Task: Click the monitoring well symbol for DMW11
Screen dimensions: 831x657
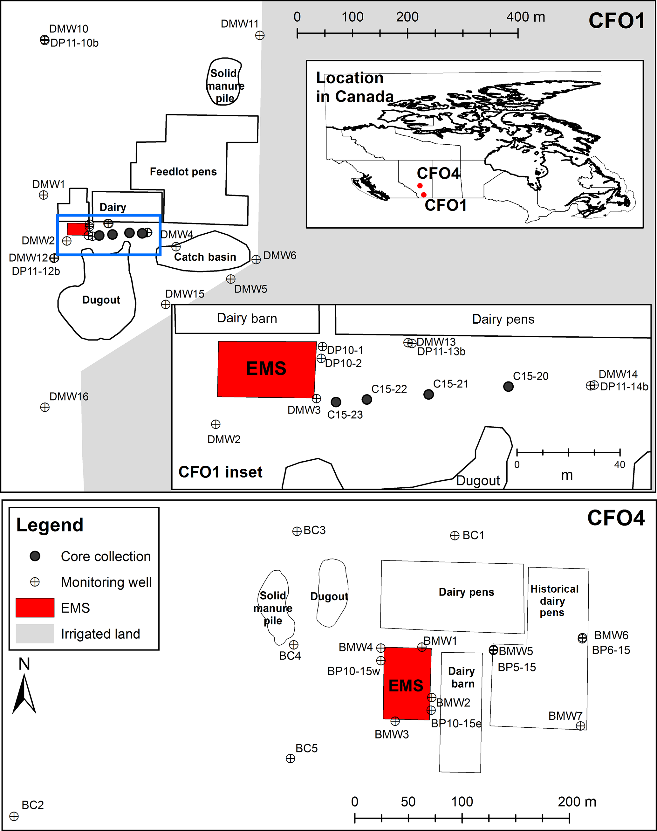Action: tap(260, 35)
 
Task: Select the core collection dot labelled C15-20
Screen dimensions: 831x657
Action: tap(508, 386)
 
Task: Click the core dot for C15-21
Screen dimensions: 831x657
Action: tap(428, 394)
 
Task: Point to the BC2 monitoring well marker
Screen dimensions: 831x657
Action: tap(14, 816)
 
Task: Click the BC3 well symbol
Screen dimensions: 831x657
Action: tap(297, 531)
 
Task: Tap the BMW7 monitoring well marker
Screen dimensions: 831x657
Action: tap(580, 725)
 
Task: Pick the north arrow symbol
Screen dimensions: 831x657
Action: tap(24, 692)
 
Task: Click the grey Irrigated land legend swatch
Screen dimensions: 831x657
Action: tap(35, 634)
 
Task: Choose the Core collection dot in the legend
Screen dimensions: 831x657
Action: tap(35, 556)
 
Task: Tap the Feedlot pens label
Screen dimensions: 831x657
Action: tap(183, 172)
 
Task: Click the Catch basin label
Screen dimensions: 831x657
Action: tap(205, 257)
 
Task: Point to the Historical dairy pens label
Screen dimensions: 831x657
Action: tap(554, 601)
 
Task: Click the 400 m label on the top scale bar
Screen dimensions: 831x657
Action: tap(525, 17)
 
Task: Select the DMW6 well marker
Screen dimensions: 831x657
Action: tap(256, 260)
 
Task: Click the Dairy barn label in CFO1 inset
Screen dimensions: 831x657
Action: tap(247, 319)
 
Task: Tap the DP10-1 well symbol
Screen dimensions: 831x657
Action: tap(322, 347)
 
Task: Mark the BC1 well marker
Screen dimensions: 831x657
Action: tap(455, 536)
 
